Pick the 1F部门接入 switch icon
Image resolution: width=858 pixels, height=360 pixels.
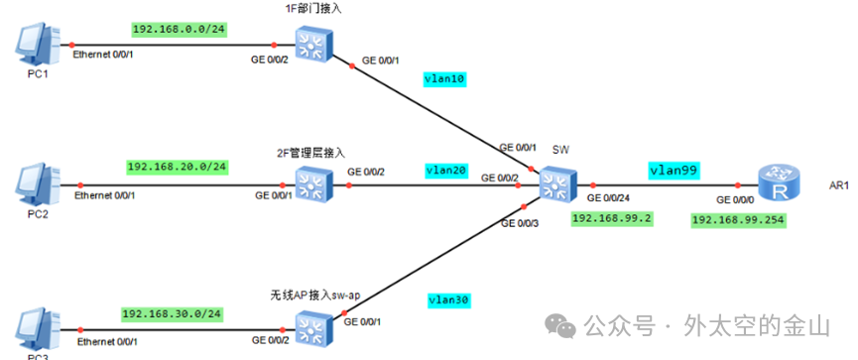[313, 44]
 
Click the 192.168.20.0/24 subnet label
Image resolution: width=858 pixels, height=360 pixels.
[177, 166]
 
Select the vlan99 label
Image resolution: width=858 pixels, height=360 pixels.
[674, 170]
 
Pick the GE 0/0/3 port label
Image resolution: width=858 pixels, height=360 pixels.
[520, 223]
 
